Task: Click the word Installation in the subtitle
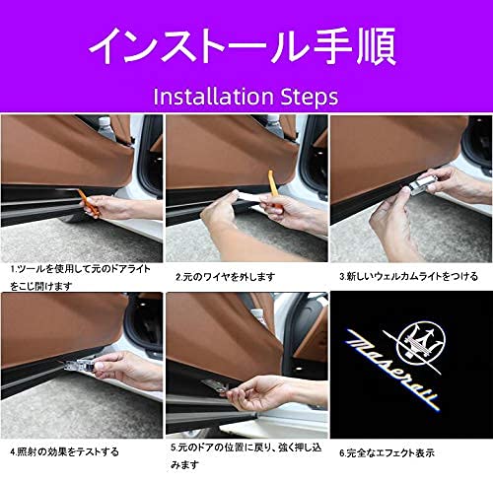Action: pyautogui.click(x=210, y=97)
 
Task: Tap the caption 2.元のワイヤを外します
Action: pyautogui.click(x=226, y=277)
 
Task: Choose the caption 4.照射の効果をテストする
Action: pyautogui.click(x=64, y=452)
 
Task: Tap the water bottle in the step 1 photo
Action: pyautogui.click(x=106, y=127)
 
